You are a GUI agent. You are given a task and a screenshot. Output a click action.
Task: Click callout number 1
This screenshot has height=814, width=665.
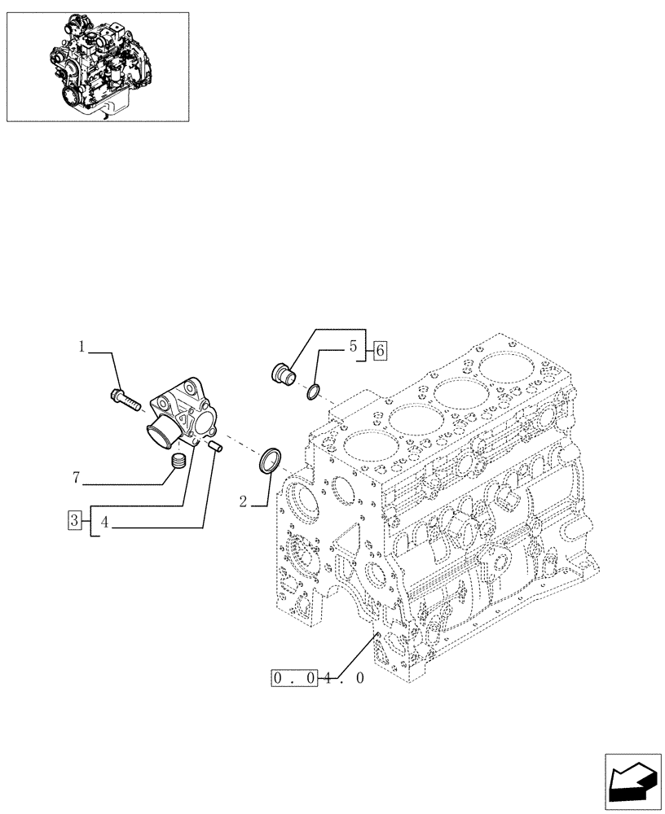82,348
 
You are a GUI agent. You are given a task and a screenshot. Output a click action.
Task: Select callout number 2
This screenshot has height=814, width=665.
244,502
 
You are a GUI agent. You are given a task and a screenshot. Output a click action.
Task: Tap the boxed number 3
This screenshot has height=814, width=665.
74,520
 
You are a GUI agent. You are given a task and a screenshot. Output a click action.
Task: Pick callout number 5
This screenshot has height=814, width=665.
354,347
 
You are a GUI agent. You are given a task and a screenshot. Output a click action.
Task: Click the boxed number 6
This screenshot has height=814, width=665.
379,351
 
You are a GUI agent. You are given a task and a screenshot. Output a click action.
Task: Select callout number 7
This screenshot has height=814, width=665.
77,478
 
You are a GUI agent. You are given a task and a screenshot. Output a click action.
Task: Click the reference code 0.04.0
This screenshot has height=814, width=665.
317,677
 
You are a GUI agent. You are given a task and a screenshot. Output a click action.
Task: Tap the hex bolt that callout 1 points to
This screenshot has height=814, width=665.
123,399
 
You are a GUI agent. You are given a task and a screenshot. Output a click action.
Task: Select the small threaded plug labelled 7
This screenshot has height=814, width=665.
179,463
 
